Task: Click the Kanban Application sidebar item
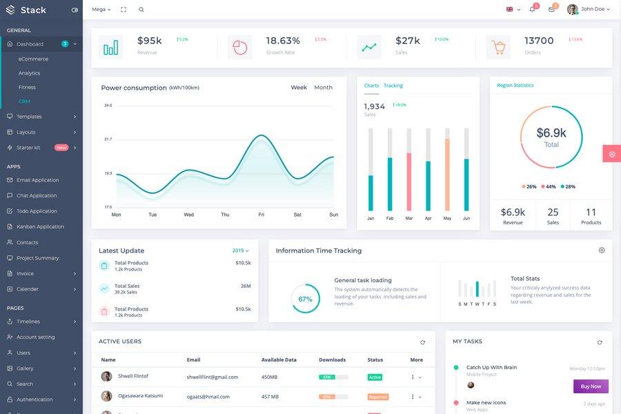40,226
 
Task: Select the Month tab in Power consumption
323,88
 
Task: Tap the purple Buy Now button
591,386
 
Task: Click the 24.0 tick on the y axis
108,106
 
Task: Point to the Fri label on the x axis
261,215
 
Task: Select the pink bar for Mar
408,181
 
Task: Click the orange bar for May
447,175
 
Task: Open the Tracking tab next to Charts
393,86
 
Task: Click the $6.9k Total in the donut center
551,137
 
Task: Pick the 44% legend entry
548,186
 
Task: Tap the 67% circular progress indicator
305,299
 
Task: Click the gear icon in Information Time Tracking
602,250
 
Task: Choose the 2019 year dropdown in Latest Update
241,250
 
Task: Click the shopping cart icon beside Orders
498,48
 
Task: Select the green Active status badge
375,377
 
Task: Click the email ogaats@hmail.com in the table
208,397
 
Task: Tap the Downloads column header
332,359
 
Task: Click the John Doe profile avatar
572,10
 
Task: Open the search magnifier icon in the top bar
141,10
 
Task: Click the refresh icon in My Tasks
600,342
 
